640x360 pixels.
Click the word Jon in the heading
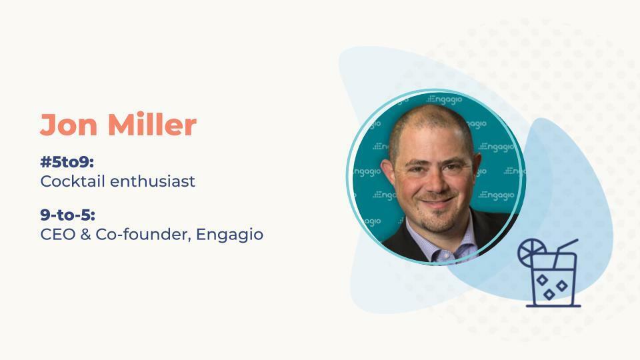(69, 125)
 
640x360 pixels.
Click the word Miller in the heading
(152, 124)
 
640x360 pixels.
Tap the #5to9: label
(67, 162)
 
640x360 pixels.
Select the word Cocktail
(73, 181)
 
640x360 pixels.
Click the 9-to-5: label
(68, 215)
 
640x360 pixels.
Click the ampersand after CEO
(86, 234)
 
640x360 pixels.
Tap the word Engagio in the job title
(229, 235)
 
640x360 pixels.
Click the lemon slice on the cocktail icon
(531, 252)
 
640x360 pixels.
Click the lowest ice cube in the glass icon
(549, 294)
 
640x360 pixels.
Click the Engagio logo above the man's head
(444, 99)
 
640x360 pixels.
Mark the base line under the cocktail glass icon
(553, 305)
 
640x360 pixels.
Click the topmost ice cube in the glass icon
(542, 280)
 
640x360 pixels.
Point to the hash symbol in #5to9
(45, 162)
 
